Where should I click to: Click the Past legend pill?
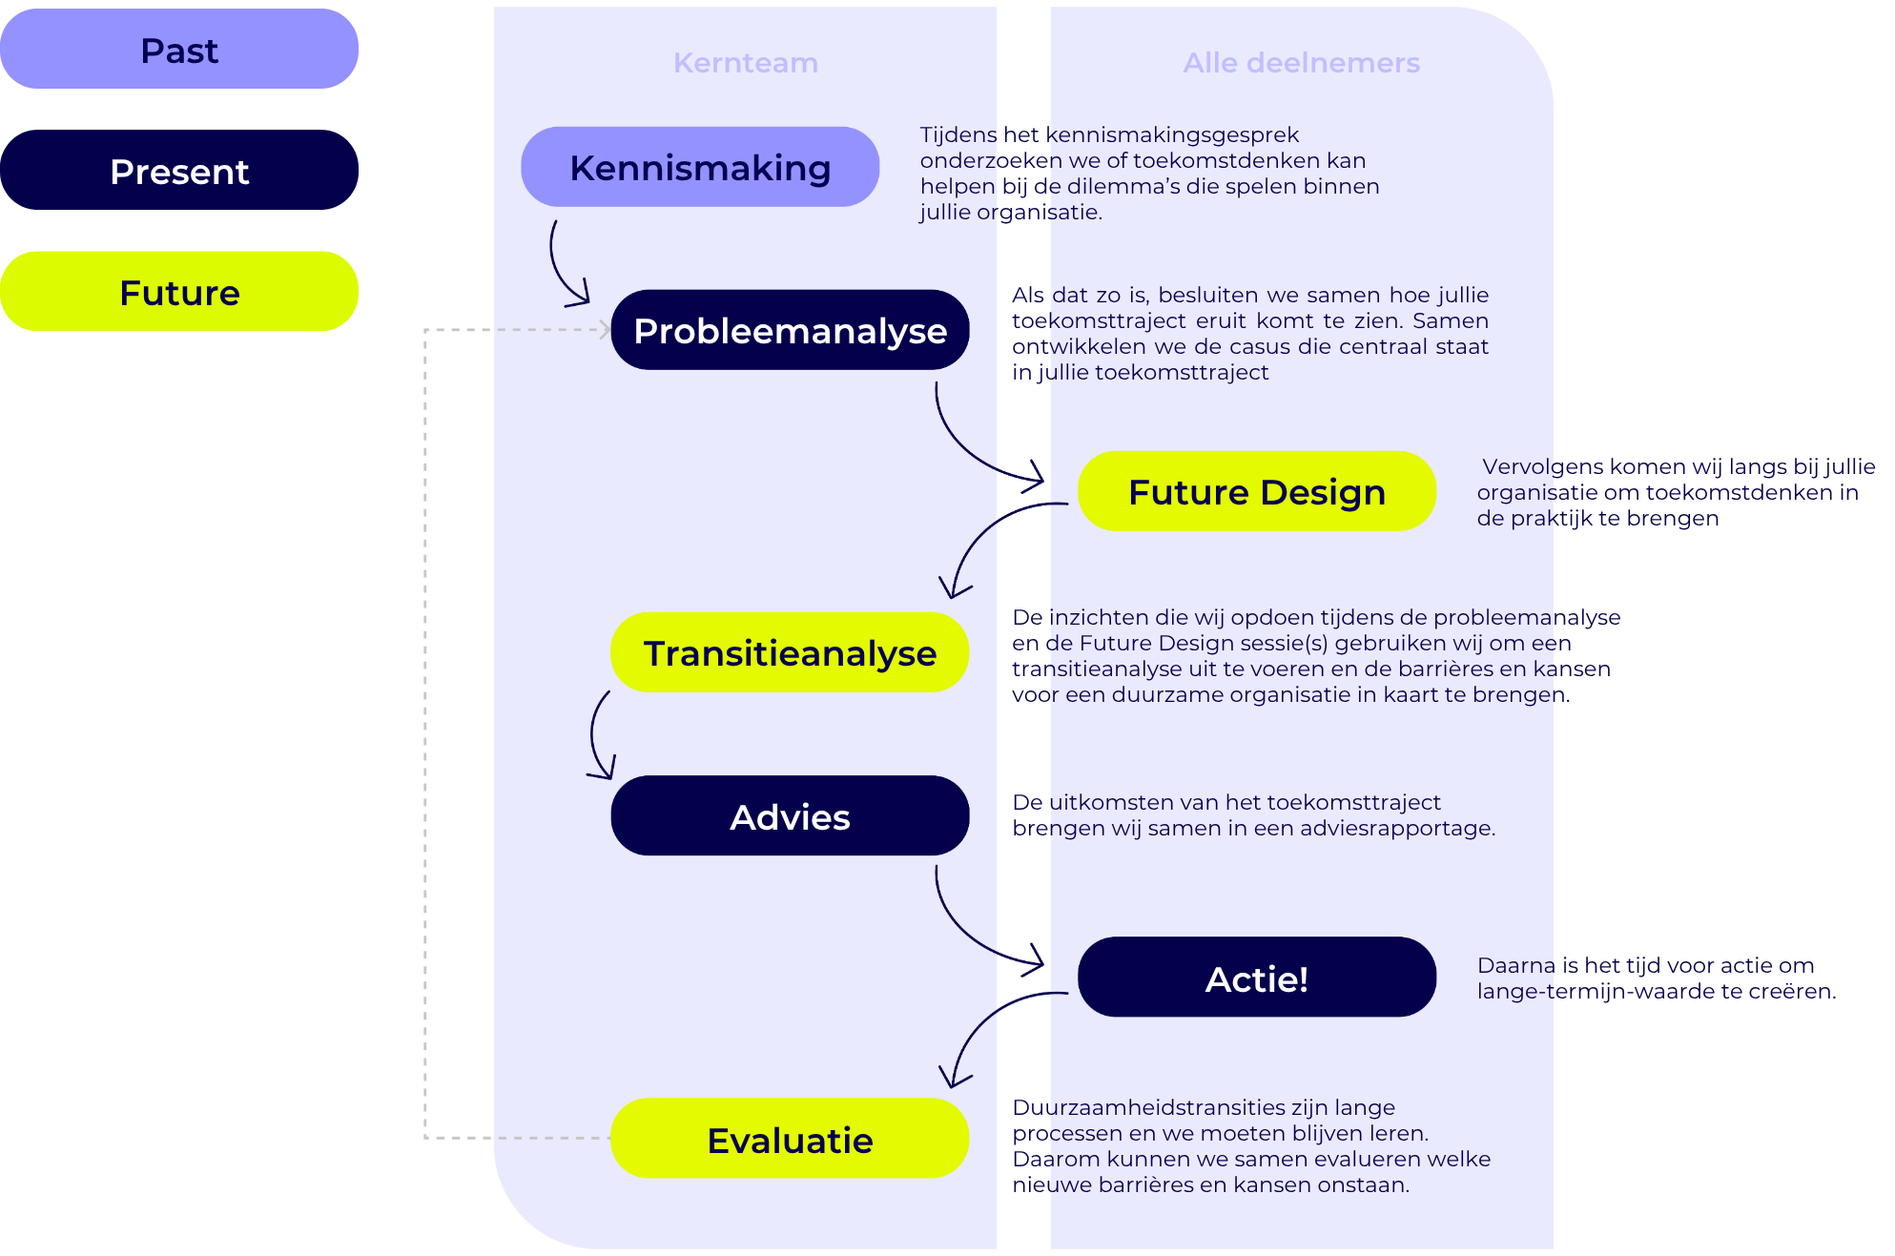(x=179, y=50)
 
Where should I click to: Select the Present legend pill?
(x=179, y=171)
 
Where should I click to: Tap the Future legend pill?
(x=179, y=292)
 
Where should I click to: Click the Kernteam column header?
(x=745, y=63)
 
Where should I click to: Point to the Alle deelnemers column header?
(x=1301, y=63)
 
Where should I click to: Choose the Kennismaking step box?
(x=699, y=167)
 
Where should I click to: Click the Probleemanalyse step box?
(x=790, y=330)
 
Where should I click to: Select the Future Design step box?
(x=1256, y=491)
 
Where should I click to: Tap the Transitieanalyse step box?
(x=790, y=652)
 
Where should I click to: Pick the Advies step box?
(x=790, y=816)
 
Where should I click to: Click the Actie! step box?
(x=1256, y=978)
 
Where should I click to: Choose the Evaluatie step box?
(x=790, y=1139)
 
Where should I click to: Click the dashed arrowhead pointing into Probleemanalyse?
(x=605, y=330)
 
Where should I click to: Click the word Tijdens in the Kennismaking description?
(x=958, y=135)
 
